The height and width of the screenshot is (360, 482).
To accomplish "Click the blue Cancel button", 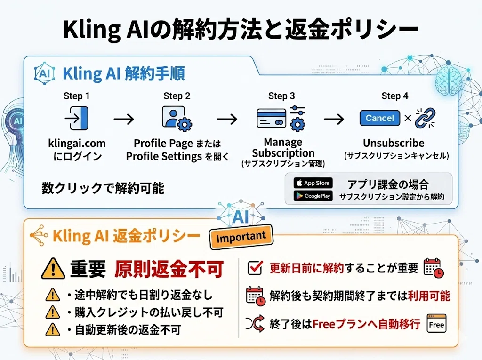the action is pos(380,118).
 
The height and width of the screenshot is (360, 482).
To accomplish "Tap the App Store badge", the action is pos(313,183).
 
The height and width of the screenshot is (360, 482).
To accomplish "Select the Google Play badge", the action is pos(313,196).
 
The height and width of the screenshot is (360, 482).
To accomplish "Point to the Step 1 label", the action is pos(77,96).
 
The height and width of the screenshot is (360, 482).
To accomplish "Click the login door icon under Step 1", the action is pos(77,118).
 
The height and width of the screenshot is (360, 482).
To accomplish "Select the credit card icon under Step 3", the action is pos(272,119).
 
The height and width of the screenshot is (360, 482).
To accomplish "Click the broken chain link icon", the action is pos(425,118).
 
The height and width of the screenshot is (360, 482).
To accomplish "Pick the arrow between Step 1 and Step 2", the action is pos(124,119).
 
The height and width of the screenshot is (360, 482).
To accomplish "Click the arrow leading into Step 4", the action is pos(334,119).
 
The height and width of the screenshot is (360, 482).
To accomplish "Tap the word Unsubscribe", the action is pos(394,143).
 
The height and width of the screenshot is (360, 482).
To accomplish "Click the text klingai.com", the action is pos(77,143).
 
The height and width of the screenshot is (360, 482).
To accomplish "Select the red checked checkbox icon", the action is pos(255,268).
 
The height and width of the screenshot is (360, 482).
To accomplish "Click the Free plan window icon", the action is pos(436,323).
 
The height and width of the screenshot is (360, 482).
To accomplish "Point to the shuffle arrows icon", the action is pos(255,323).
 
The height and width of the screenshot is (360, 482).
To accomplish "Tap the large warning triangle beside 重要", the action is pos(53,268).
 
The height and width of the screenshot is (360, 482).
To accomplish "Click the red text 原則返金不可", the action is pos(169,269).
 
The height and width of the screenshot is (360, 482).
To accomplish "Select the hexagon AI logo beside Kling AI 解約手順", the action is pos(45,73).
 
